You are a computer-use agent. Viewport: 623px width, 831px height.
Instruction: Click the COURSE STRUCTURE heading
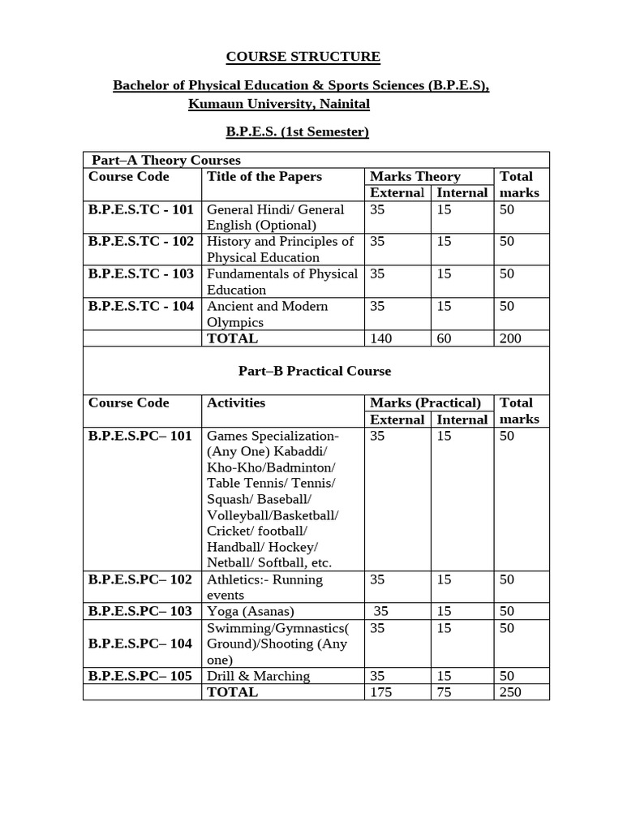(303, 57)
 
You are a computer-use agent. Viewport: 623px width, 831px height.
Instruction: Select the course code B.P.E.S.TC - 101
(141, 209)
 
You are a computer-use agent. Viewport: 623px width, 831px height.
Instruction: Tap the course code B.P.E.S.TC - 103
(141, 274)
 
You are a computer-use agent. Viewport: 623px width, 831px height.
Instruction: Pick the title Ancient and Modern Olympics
(268, 314)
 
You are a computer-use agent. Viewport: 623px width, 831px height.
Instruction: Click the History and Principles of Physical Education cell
(280, 249)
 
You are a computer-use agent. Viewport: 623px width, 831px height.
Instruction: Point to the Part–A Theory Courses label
(165, 160)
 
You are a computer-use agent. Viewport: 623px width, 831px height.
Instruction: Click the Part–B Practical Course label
(315, 371)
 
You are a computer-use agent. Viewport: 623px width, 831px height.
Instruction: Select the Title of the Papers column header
(264, 177)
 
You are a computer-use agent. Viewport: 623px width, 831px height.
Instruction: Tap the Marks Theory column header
(415, 177)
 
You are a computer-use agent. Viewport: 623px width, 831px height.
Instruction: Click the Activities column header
(236, 403)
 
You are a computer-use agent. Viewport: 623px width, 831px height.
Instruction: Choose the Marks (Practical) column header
(425, 403)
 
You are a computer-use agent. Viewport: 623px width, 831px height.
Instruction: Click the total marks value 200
(510, 338)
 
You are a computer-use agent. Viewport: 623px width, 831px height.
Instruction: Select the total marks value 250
(510, 692)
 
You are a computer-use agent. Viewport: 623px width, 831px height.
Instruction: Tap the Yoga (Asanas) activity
(251, 611)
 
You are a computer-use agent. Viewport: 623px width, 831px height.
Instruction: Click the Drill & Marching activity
(258, 676)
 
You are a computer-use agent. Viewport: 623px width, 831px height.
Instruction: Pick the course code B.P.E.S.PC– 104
(140, 644)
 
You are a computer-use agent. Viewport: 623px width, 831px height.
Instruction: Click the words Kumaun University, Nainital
(279, 104)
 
